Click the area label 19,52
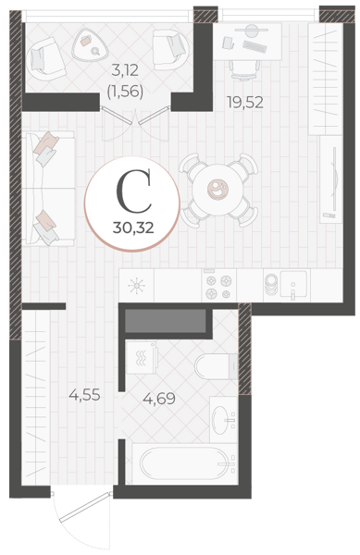[x=245, y=103]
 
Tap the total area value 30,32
[x=133, y=228]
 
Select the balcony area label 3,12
[x=125, y=70]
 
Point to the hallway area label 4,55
[x=84, y=394]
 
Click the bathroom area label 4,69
[x=159, y=399]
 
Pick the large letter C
[x=134, y=191]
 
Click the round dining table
[x=218, y=190]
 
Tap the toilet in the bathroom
[x=217, y=366]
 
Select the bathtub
[x=184, y=464]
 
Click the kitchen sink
[x=293, y=285]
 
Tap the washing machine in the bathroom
[x=142, y=357]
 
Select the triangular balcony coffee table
[x=91, y=45]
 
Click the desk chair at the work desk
[x=244, y=69]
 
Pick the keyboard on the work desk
[x=254, y=46]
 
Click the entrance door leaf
[x=84, y=507]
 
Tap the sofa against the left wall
[x=48, y=189]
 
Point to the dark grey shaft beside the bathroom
[x=166, y=321]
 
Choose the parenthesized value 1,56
[x=125, y=92]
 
